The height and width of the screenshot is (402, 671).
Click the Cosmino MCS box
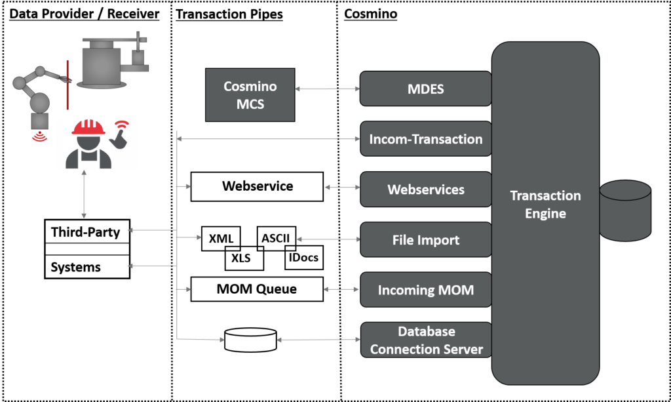(250, 95)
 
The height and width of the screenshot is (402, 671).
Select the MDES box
(425, 89)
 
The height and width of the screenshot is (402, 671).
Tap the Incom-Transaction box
(425, 139)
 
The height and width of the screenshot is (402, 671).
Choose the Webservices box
(425, 190)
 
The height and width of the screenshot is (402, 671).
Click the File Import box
(425, 240)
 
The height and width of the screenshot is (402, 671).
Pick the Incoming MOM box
(425, 290)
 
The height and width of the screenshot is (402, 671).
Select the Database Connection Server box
(425, 340)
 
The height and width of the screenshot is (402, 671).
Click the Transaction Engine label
(545, 205)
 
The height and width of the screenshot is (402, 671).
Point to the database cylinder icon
(625, 209)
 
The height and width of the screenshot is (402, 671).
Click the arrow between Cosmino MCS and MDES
(327, 89)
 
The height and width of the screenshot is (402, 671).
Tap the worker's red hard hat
(89, 127)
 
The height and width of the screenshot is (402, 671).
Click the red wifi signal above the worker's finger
(121, 124)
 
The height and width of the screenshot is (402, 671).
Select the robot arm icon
(36, 95)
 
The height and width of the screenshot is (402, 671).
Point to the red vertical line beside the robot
(67, 85)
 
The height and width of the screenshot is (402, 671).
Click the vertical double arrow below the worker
(84, 194)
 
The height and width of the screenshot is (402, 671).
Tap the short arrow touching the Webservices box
(342, 188)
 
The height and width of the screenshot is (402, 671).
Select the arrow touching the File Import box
(328, 240)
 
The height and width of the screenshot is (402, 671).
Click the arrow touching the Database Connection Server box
(318, 340)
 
